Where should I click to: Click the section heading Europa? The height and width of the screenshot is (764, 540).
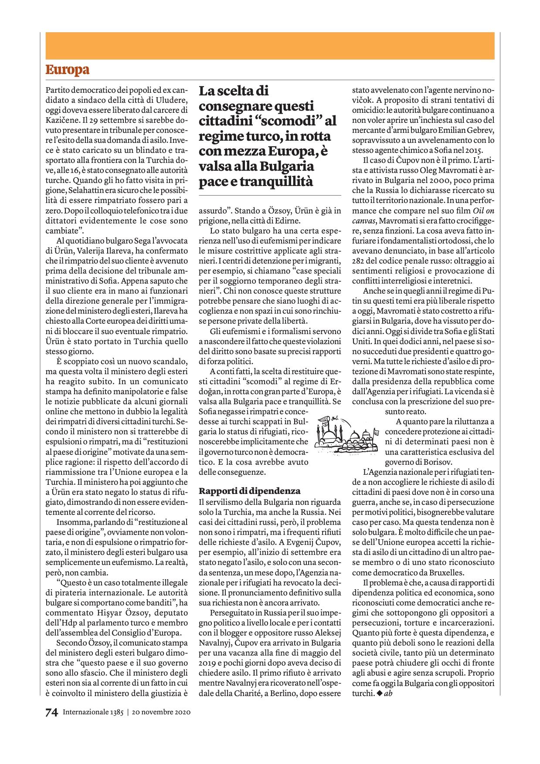pos(67,70)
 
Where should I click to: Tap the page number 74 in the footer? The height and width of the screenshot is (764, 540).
pos(51,712)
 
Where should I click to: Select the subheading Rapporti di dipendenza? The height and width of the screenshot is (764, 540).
pos(250,491)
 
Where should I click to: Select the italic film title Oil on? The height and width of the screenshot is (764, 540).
pos(483,210)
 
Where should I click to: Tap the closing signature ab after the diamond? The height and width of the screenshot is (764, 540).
pos(388,693)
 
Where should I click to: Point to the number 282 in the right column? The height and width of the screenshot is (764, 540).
pos(359,261)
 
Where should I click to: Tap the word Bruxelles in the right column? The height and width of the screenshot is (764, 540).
pos(449,573)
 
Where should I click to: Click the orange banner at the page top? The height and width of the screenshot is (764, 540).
pos(270,46)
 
